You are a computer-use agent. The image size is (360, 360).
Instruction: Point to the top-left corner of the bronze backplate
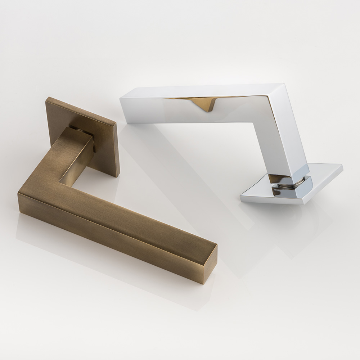coord(48,98)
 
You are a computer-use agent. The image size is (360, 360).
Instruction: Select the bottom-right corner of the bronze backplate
coord(118,176)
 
